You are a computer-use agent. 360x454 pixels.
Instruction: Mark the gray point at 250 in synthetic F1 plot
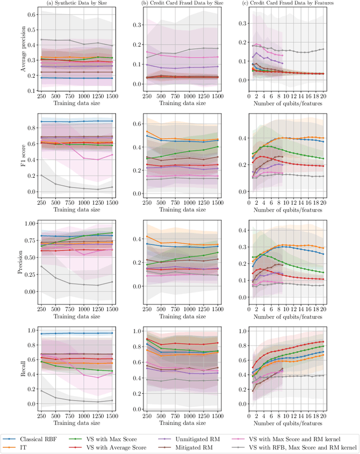(40, 176)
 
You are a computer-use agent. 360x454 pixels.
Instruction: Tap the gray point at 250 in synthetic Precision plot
(40, 267)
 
